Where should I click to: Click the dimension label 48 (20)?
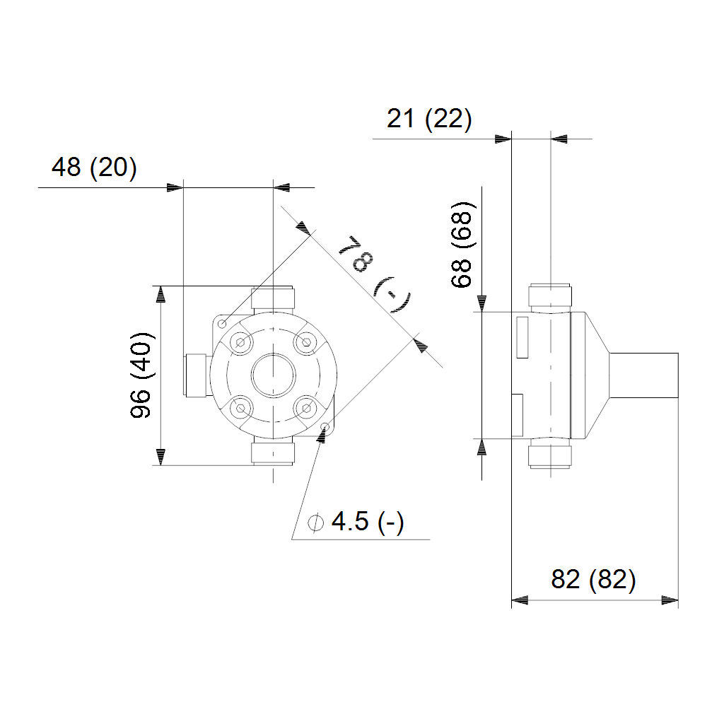click(x=94, y=167)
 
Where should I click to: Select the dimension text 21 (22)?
click(x=429, y=119)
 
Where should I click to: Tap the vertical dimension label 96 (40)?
click(x=141, y=375)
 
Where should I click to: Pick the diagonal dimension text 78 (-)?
click(x=375, y=274)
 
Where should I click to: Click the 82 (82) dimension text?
click(x=593, y=579)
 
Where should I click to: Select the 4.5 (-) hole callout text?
click(x=368, y=522)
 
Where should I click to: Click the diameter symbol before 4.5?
click(x=315, y=522)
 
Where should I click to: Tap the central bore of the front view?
click(x=274, y=375)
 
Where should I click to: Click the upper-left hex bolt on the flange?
click(x=240, y=342)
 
